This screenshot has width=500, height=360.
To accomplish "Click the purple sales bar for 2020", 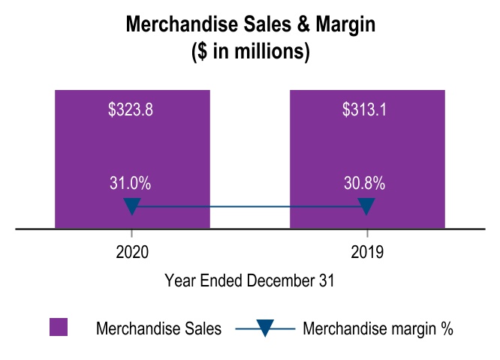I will [132, 150].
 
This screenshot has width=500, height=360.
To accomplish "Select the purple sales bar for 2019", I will [367, 150].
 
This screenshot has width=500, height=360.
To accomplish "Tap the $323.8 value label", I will [131, 109].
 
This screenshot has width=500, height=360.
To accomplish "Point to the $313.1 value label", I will [364, 109].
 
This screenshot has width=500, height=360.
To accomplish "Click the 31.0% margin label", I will [131, 183].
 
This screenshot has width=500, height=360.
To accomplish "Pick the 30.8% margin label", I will [365, 183].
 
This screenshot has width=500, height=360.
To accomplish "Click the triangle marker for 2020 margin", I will [132, 206].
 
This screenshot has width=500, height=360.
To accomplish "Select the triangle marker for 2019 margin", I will [367, 206].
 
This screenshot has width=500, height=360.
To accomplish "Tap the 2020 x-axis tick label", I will [132, 253].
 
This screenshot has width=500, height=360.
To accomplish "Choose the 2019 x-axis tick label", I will [367, 253].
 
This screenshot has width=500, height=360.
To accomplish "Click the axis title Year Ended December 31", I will [249, 281].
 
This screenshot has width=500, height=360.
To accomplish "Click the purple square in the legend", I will [59, 328].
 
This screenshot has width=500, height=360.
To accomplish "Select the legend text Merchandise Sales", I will [158, 328].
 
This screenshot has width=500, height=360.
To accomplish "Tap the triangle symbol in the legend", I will [266, 328].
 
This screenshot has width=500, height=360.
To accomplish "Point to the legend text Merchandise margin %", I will [378, 328].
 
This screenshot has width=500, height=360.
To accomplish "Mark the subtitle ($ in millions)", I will [250, 52].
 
